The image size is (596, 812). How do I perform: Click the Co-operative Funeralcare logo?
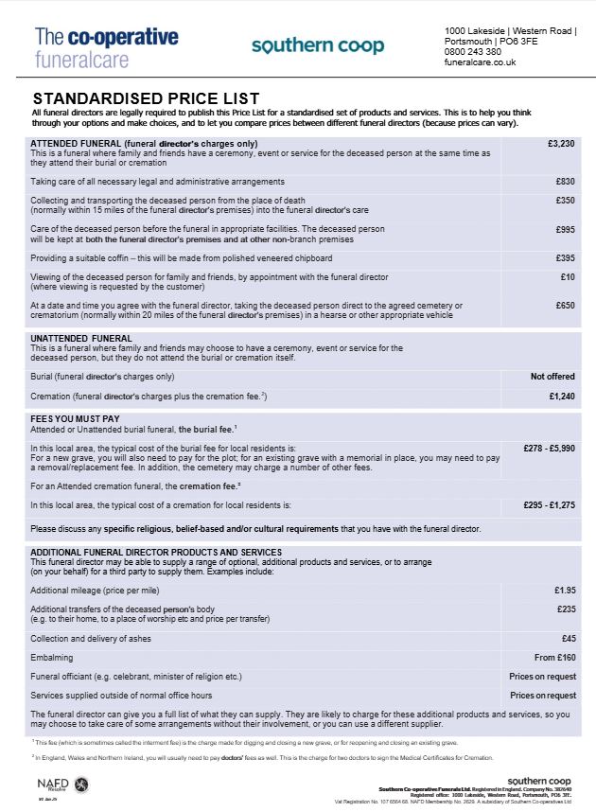point(106,47)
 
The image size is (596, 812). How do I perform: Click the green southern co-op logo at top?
point(318,46)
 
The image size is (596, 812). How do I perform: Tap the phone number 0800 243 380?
point(473,52)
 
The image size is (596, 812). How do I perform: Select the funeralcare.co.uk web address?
point(480,62)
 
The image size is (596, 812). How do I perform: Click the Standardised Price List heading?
point(146,97)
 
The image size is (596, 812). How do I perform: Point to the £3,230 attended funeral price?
point(562,144)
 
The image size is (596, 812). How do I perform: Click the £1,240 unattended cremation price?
point(563,396)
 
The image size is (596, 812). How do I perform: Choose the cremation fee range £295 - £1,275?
point(550,505)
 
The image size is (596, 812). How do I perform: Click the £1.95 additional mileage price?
point(566,591)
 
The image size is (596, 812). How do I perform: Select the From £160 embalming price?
point(556,658)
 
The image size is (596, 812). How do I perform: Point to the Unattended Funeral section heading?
point(81,338)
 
